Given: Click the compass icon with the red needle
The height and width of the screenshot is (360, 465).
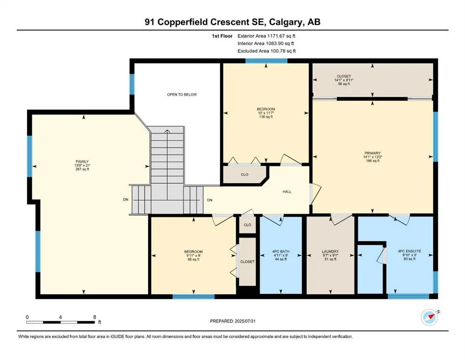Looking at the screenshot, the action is (429, 317).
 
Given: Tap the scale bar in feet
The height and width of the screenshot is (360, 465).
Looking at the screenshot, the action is (60, 322).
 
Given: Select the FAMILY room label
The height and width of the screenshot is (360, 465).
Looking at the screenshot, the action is (82, 162).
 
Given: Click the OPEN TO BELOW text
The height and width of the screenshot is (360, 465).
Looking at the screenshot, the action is (182, 94).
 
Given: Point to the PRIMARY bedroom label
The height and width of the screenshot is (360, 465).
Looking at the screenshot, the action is (372, 153).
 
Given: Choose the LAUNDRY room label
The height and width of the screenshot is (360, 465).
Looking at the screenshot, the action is (330, 251).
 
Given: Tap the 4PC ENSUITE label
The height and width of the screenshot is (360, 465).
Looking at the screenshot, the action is (409, 251).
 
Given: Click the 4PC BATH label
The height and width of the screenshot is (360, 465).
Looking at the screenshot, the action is (281, 251).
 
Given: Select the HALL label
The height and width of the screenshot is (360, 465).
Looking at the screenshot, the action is (287, 192).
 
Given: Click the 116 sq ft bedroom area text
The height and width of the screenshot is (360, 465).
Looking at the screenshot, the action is (266, 117).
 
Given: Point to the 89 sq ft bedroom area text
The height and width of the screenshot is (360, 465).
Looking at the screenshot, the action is (193, 259).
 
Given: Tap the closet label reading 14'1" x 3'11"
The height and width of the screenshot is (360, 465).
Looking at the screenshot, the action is (344, 80).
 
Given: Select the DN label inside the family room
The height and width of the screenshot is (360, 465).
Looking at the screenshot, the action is (126, 199).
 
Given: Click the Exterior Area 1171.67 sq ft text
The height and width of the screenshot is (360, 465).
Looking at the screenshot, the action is (266, 36).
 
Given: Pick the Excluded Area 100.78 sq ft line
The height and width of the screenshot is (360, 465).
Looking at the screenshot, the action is (266, 51).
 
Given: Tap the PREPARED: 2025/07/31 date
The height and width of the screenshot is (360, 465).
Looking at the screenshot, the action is (232, 321).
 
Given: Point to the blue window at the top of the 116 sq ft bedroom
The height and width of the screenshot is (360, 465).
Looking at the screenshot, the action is (266, 61).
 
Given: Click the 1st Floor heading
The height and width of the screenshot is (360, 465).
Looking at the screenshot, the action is (222, 36).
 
